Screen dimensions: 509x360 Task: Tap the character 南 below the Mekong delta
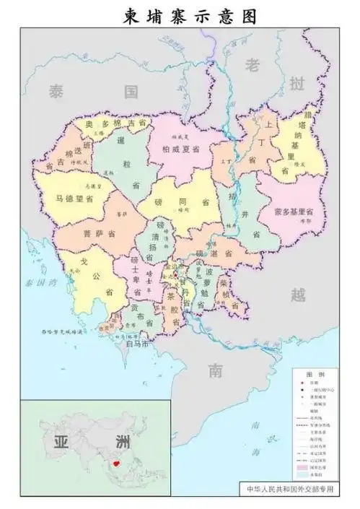coord(215,371)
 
